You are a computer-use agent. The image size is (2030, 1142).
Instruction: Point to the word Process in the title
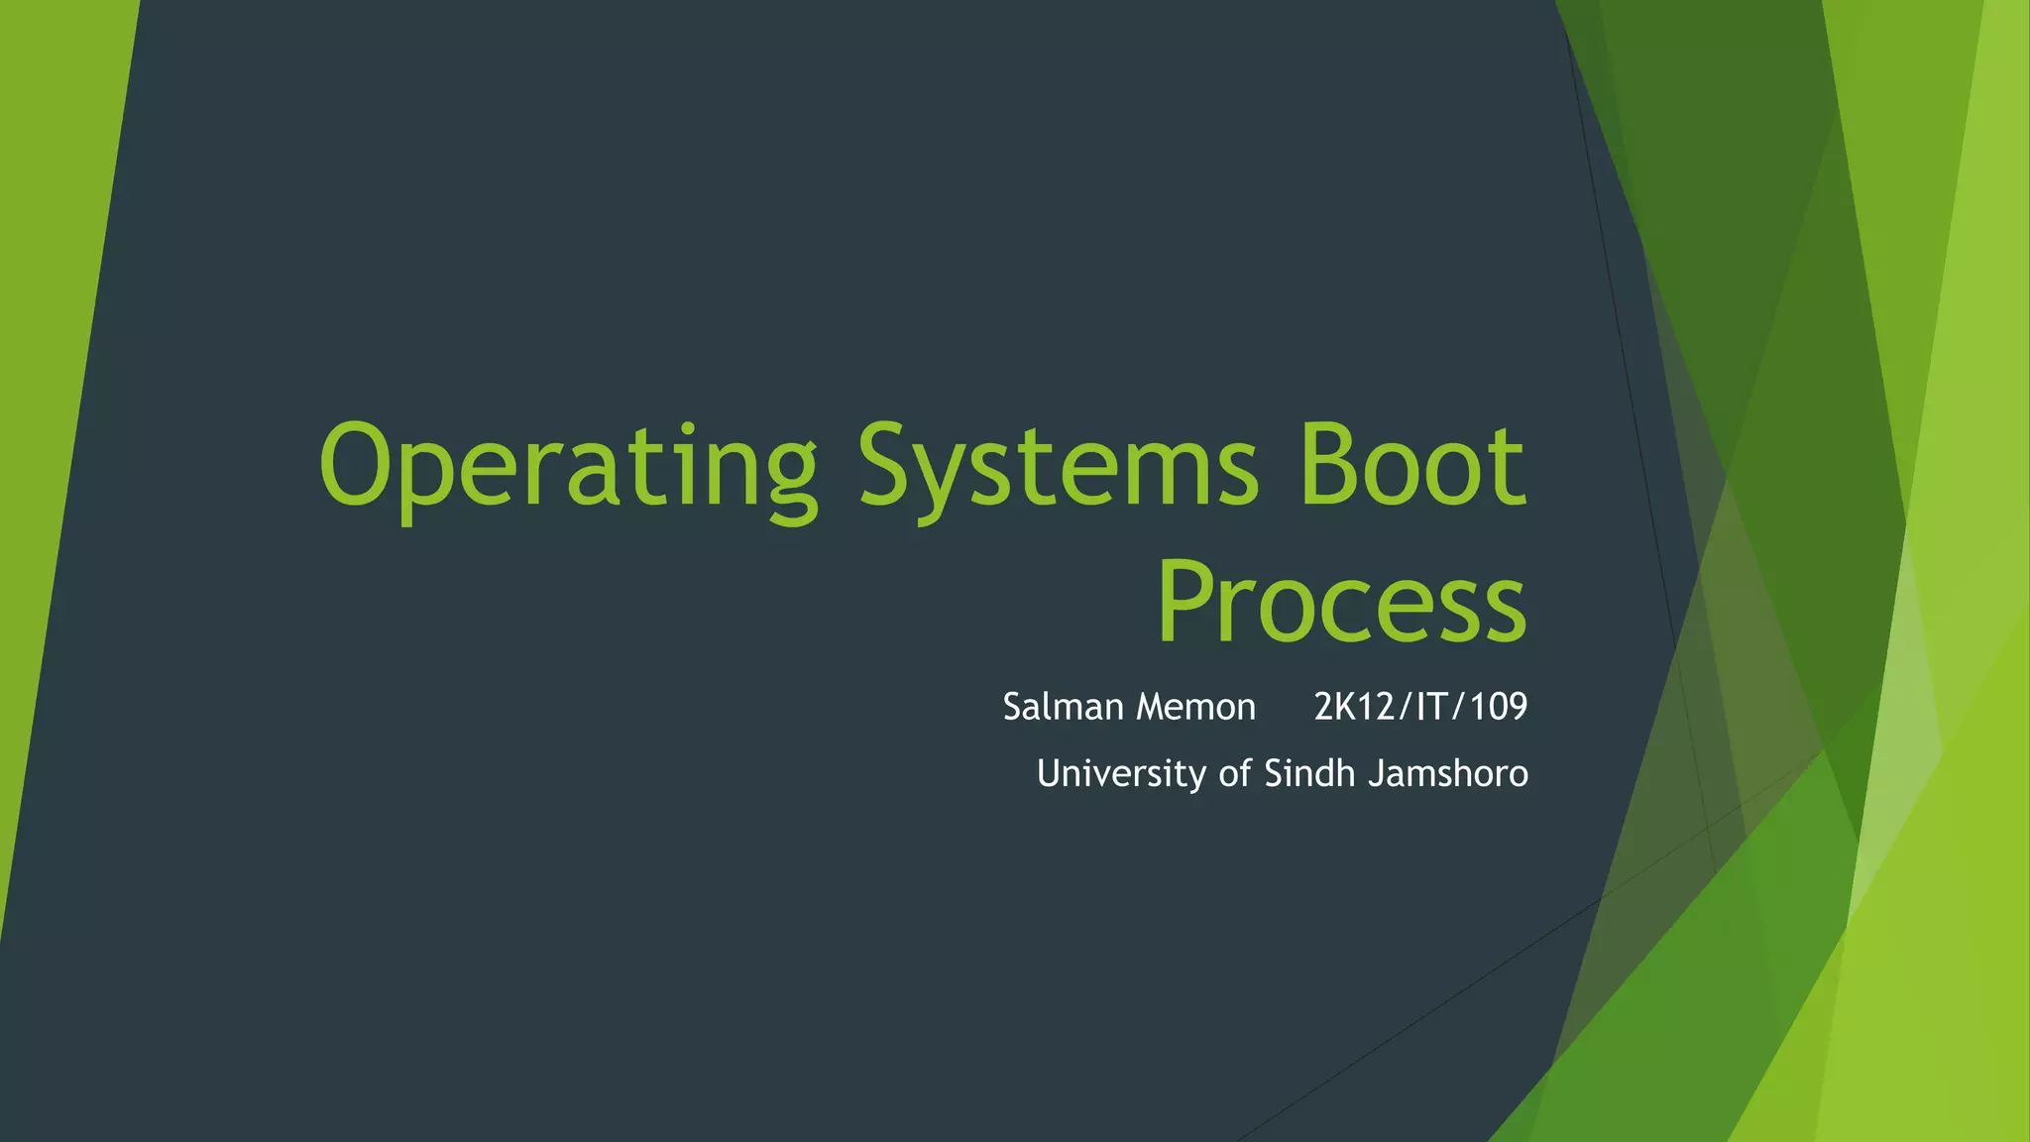(1341, 602)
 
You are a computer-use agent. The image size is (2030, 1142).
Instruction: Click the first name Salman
(1064, 707)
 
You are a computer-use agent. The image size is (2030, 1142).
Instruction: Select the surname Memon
(1196, 707)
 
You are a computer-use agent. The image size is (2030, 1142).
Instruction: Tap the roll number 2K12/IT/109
(1420, 707)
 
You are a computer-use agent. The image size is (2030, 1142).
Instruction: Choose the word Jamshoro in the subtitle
(1448, 773)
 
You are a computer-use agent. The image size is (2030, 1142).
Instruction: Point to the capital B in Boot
(1329, 464)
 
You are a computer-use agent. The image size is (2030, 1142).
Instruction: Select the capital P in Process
(1185, 600)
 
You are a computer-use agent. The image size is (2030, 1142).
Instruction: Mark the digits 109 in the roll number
(1499, 707)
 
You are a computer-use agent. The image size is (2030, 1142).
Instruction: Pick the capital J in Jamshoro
(1376, 773)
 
